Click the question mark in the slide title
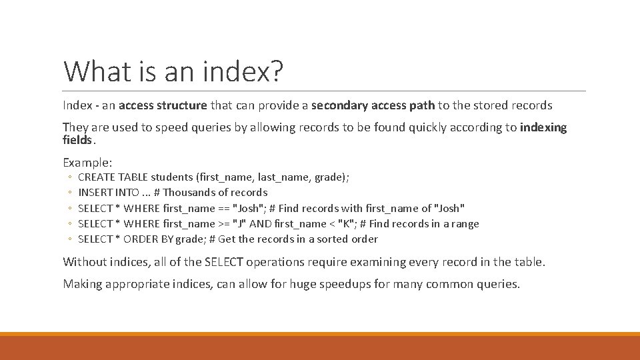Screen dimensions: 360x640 274,71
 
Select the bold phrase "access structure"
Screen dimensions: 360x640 163,105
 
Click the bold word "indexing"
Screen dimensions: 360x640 543,127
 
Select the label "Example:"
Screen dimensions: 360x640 87,162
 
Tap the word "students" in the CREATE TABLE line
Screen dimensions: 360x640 172,177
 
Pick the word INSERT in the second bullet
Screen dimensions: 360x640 94,193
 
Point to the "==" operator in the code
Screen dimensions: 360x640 221,208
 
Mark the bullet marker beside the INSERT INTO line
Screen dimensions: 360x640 69,193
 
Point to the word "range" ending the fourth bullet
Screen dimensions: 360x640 464,223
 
